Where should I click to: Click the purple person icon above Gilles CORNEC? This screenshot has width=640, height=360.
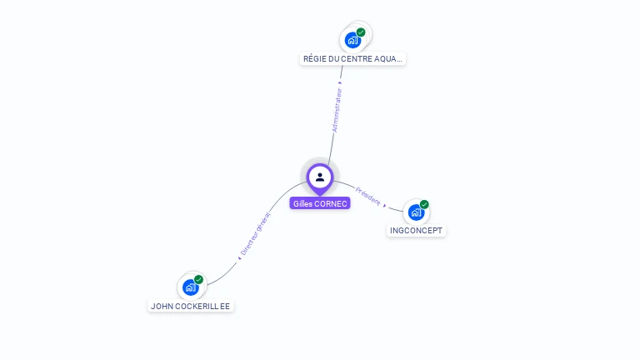(320, 177)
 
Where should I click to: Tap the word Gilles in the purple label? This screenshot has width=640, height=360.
(302, 203)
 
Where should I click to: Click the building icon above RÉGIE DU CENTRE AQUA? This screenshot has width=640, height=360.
(352, 39)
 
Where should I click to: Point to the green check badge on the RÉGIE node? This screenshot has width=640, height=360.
(361, 32)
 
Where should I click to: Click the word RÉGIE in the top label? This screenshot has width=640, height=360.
(314, 59)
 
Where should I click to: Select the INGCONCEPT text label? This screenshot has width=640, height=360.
(417, 231)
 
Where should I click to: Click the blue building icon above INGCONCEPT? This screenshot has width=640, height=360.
(416, 212)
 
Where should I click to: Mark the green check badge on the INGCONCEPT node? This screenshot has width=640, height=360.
(424, 204)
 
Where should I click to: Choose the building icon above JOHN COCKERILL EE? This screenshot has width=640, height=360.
(190, 287)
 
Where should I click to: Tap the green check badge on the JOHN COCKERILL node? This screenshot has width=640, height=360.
(198, 279)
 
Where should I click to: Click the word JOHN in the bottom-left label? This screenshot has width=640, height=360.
(161, 306)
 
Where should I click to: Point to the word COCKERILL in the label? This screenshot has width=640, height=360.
(196, 306)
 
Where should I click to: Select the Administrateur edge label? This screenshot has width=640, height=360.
(337, 111)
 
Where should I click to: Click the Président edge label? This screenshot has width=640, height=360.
(367, 196)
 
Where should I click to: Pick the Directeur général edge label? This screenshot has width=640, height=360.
(255, 234)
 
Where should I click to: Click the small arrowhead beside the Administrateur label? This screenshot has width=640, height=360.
(340, 82)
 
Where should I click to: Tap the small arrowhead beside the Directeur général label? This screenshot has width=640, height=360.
(239, 257)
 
